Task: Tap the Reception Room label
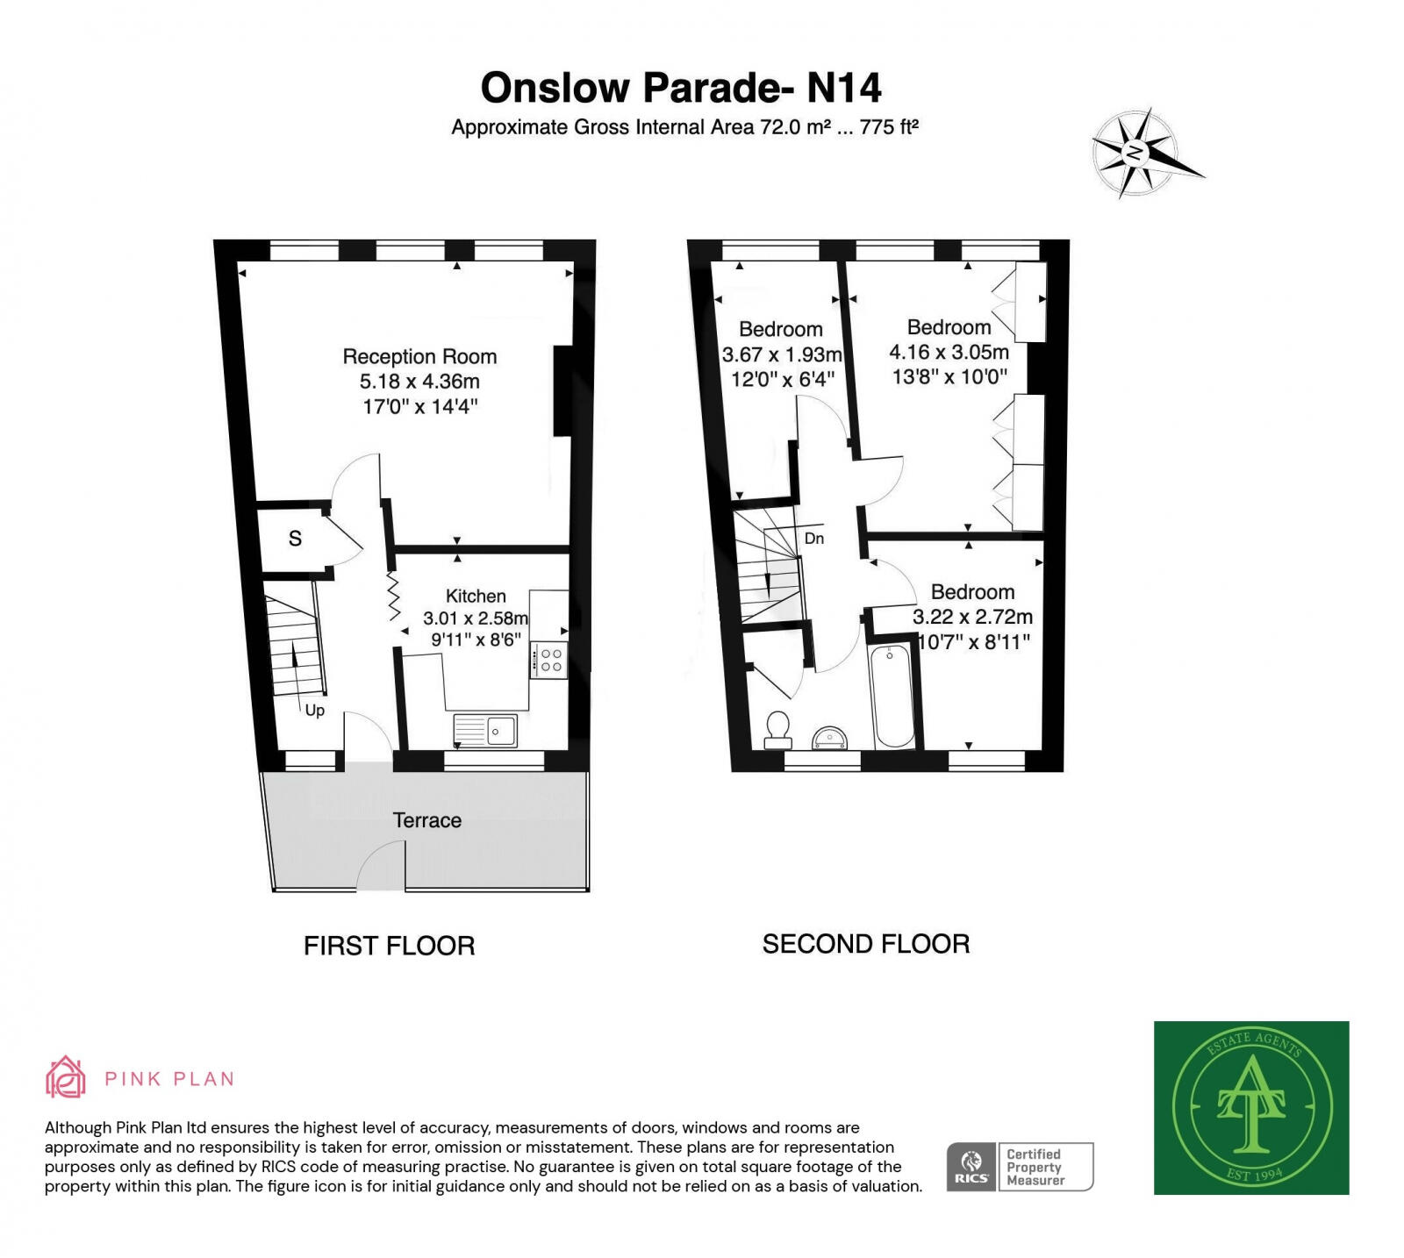coord(419,357)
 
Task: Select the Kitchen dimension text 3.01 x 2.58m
coord(475,618)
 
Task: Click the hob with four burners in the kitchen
coord(550,661)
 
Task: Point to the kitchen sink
coord(485,729)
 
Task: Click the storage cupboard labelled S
coord(295,539)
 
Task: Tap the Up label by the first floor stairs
coord(314,710)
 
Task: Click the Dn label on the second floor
coord(813,539)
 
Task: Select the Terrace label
coord(426,820)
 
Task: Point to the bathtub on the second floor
coord(892,697)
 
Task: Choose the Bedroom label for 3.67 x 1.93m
coord(780,330)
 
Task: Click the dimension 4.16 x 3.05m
coord(949,353)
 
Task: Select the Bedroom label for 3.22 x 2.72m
coord(972,592)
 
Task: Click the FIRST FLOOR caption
coord(389,946)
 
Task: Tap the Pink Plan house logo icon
coord(66,1077)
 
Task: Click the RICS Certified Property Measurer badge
coord(1020,1167)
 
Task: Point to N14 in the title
coord(843,88)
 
